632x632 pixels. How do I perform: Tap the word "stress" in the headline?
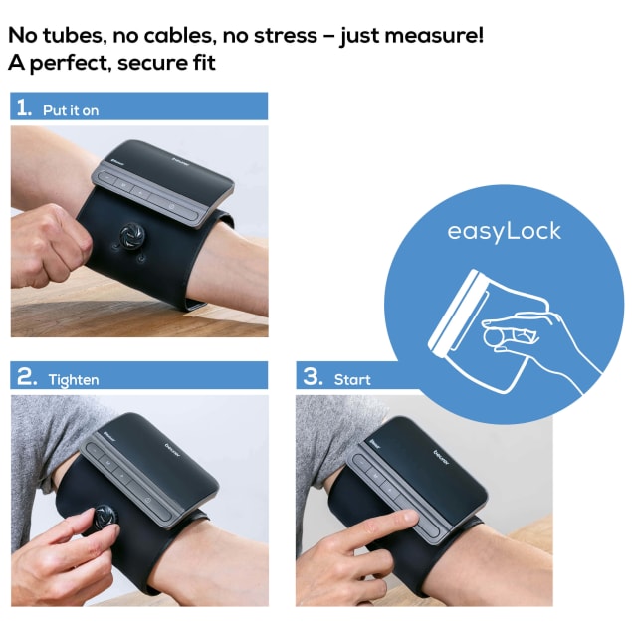coord(286,36)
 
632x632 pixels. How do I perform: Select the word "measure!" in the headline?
coord(434,35)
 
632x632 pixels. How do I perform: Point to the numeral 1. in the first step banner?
coord(24,107)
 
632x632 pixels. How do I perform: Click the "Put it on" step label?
coord(71,110)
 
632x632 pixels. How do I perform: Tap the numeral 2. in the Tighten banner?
coord(27,377)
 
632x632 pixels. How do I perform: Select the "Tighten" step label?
coord(74,380)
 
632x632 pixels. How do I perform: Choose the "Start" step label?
coord(352,379)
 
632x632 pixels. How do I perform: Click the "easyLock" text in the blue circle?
coord(504,231)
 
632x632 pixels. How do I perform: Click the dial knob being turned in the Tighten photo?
coord(105,518)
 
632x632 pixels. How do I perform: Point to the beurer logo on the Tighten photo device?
coord(173,450)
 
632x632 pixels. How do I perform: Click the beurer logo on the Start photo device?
coord(441,457)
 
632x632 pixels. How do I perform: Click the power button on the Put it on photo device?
coord(172,207)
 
